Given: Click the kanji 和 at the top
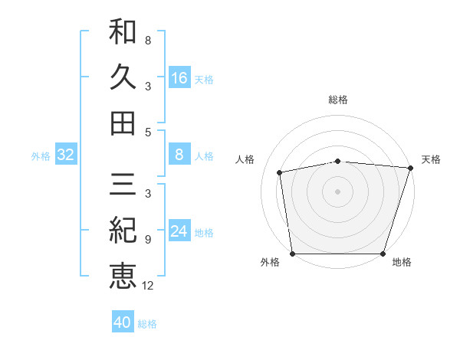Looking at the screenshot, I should (x=123, y=32).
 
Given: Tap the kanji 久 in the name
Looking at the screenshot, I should (x=123, y=77).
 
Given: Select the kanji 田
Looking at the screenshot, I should (x=123, y=123).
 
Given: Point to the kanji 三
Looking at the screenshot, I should (x=123, y=185).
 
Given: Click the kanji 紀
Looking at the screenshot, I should (x=123, y=231).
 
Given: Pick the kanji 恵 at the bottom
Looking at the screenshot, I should (x=123, y=277).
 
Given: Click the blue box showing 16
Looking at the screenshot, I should (x=179, y=78).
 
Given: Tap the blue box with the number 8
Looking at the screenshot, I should (x=179, y=155).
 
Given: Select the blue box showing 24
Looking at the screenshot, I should (x=179, y=231).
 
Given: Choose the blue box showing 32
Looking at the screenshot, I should (x=66, y=155).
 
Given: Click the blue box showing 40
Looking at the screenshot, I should (x=123, y=323).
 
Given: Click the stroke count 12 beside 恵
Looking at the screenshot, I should (x=148, y=286).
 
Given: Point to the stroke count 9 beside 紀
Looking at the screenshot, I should (x=148, y=240).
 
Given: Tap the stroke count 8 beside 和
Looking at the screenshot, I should (x=148, y=40).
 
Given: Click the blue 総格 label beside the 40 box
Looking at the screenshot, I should (x=148, y=324).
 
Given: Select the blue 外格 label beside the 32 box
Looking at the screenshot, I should (x=41, y=156).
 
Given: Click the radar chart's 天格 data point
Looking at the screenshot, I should (x=410, y=167).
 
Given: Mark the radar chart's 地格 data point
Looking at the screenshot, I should (x=383, y=254).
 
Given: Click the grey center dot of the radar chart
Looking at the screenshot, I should (x=337, y=191).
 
